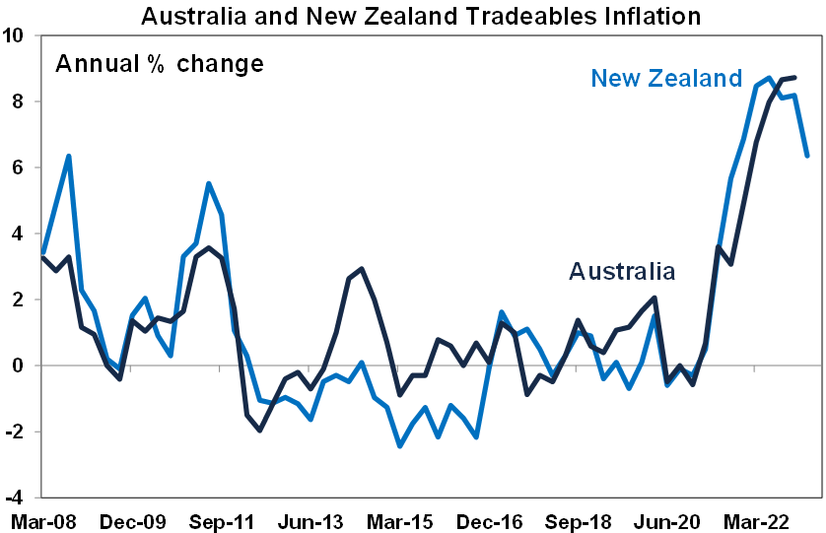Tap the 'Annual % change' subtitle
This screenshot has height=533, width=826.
pos(159,65)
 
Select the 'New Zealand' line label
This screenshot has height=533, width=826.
pos(666,78)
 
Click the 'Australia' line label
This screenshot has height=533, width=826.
pos(622,271)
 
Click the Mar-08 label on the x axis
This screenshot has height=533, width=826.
pos(39,518)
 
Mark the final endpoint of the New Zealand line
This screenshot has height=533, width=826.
pos(808,156)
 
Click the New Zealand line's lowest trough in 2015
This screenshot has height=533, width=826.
pos(400,445)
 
